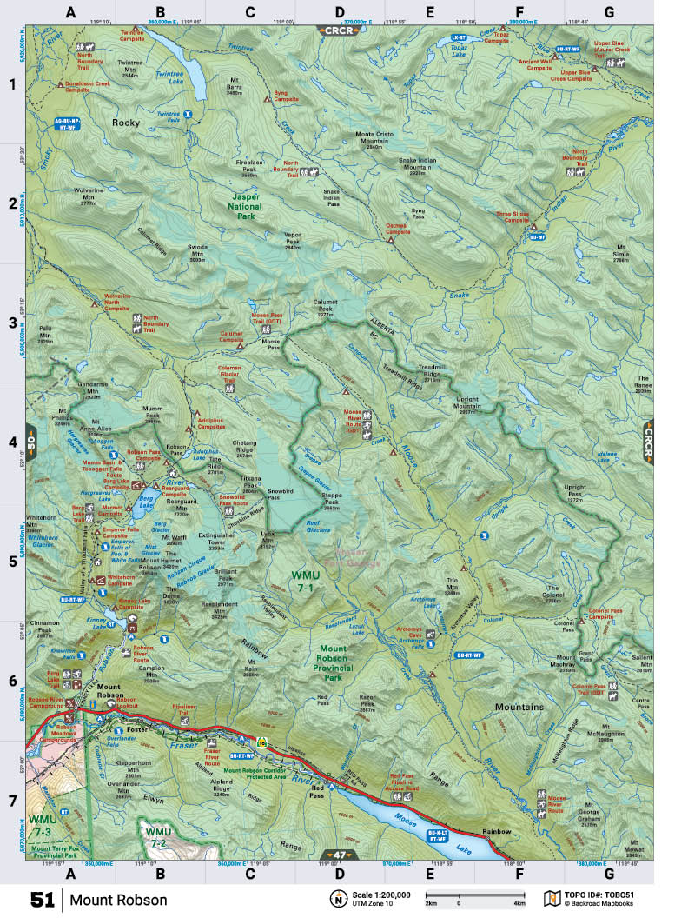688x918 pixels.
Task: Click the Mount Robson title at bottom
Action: pos(118,900)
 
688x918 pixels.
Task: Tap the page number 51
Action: pos(43,899)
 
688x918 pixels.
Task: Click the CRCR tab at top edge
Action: pos(336,30)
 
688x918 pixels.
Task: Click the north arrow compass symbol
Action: pos(335,898)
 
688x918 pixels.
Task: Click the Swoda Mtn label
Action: pos(197,253)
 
